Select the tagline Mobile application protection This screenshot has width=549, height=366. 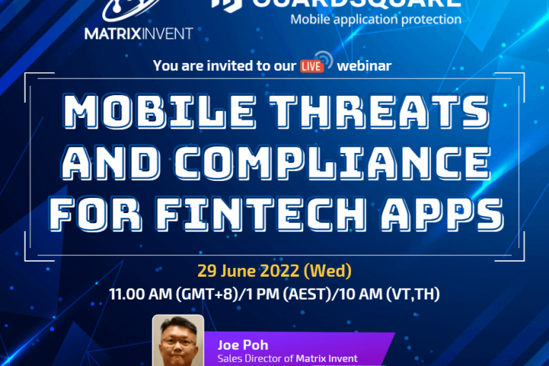click(375, 19)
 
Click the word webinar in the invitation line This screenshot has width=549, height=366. click(365, 66)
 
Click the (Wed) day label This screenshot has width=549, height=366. click(327, 271)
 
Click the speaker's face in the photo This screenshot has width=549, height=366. click(178, 343)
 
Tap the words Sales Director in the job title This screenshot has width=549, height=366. click(249, 359)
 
